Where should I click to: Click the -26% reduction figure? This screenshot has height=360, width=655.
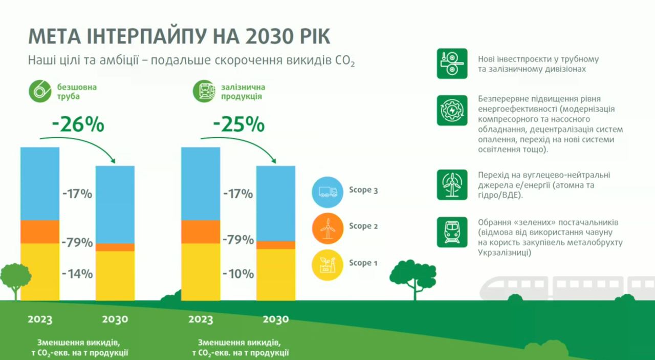(x=78, y=124)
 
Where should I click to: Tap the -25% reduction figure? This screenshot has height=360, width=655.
(x=239, y=124)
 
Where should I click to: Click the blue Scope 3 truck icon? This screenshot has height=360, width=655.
(x=327, y=192)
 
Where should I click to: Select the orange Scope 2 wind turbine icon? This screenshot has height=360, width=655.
(x=327, y=228)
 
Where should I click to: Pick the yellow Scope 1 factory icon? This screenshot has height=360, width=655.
(x=327, y=265)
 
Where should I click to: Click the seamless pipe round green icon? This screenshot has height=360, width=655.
(x=40, y=91)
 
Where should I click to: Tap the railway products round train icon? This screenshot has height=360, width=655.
(x=204, y=91)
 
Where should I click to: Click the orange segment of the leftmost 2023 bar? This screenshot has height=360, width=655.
(x=40, y=232)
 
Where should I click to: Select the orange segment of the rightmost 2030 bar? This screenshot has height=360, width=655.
(x=276, y=245)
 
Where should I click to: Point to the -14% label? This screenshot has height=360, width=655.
(x=77, y=274)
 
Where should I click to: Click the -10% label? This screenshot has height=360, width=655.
(x=238, y=274)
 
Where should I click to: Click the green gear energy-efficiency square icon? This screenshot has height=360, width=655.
(x=452, y=110)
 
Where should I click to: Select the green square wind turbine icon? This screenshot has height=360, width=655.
(x=452, y=185)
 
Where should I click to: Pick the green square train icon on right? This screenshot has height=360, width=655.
(x=452, y=232)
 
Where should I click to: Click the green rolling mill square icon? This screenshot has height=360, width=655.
(x=452, y=63)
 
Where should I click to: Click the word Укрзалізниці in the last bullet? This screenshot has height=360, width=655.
(x=505, y=252)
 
